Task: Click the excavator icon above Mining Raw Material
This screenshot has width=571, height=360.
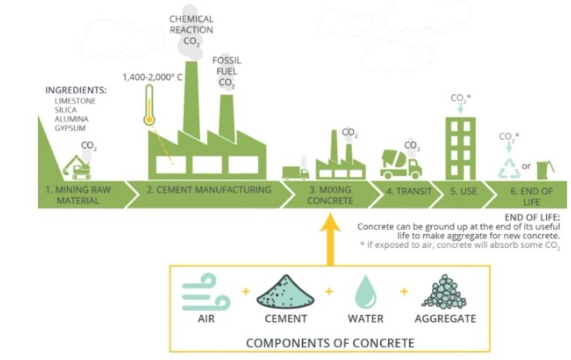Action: [x=76, y=166]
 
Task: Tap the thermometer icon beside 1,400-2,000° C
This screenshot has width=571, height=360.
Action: [x=148, y=105]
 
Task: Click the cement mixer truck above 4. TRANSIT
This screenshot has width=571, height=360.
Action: [x=400, y=164]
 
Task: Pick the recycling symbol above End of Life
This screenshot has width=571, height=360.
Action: [x=509, y=168]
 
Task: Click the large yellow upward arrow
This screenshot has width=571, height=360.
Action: [x=329, y=236]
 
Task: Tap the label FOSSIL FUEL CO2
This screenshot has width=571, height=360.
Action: [x=226, y=71]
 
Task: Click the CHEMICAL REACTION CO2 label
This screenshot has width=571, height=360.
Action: [x=191, y=29]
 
